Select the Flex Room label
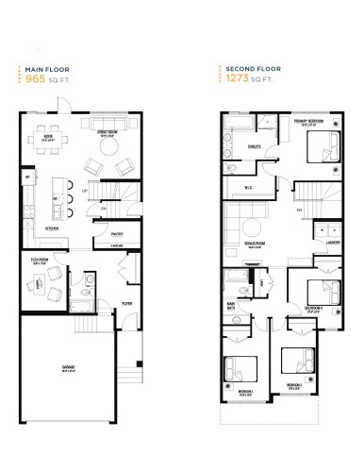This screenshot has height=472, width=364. pyautogui.click(x=41, y=259)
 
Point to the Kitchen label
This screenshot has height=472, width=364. pyautogui.click(x=53, y=228)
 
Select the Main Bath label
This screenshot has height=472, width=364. pyautogui.click(x=230, y=303)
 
